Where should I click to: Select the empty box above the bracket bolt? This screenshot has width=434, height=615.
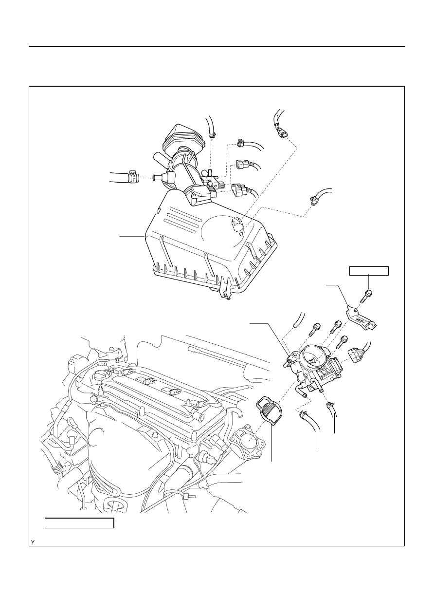(369, 271)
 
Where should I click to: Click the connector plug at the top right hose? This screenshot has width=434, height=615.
(283, 134)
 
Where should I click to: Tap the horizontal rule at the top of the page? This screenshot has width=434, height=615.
(217, 46)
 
